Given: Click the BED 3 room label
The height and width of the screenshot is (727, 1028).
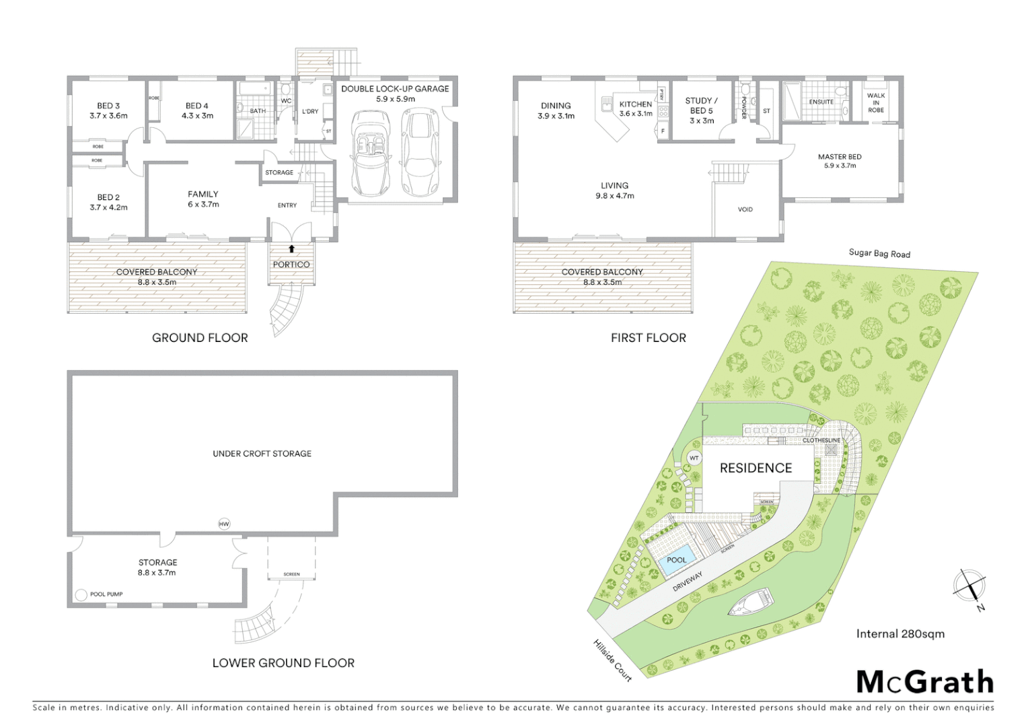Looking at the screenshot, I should click(x=108, y=110).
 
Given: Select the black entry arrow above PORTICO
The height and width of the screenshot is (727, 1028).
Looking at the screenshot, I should click(x=291, y=248).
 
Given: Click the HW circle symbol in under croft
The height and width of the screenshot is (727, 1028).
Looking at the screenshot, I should click(x=224, y=524).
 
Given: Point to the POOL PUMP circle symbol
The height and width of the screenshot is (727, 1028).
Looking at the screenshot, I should click(x=81, y=594).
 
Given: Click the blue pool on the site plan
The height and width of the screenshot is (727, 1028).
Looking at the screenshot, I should click(x=676, y=561).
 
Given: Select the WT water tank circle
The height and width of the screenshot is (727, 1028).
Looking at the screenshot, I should click(x=694, y=458).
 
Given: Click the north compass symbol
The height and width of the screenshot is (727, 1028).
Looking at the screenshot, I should click(x=969, y=585).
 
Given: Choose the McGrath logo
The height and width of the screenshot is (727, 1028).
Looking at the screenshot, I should click(x=924, y=682).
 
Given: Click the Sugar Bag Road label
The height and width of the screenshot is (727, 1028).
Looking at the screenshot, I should click(x=879, y=253).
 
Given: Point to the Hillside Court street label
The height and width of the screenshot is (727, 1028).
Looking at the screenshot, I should click(x=612, y=660).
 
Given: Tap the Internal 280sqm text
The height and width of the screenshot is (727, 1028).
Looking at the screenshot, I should click(x=900, y=633).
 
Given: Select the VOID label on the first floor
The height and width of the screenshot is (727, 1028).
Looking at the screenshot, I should click(x=745, y=209).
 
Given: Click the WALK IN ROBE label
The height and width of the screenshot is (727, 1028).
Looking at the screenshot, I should click(x=875, y=102).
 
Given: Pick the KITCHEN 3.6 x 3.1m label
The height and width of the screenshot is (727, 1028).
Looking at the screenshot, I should click(x=635, y=108).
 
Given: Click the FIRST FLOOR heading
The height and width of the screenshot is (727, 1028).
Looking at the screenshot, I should click(x=648, y=338).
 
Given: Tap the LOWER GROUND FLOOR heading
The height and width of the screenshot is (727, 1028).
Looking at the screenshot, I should click(x=283, y=663).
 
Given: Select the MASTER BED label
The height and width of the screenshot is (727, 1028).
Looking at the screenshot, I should click(x=840, y=161).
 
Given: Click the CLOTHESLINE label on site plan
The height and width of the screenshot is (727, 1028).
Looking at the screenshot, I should click(x=821, y=440).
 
